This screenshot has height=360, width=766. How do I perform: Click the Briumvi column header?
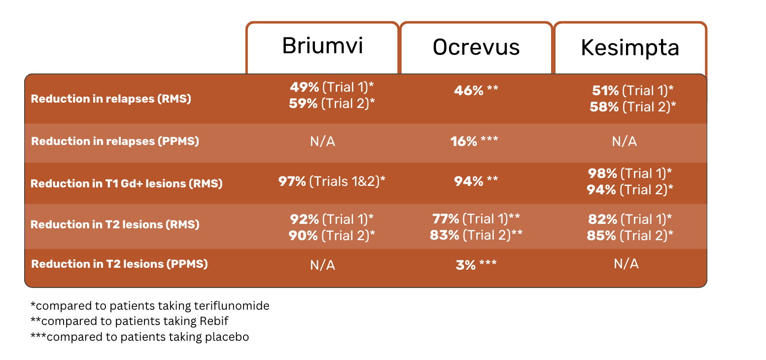[x=322, y=46]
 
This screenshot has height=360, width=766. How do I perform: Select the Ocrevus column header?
[x=476, y=47]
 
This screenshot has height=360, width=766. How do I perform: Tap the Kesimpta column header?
[x=630, y=47]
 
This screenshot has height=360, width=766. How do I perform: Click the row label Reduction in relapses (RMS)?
[x=111, y=99]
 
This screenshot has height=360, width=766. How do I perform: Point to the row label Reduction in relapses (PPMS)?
[x=115, y=141]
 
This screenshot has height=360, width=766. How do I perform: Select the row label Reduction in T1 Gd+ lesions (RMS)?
[x=127, y=183]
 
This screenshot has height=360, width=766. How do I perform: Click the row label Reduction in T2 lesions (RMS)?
[x=115, y=224]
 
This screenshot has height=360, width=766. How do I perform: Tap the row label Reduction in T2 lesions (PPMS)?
[x=119, y=264]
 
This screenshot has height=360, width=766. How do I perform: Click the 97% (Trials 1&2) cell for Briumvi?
[x=332, y=181]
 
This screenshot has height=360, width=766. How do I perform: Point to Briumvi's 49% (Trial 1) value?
[x=332, y=87]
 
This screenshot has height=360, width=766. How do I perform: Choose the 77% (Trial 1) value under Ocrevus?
[x=476, y=219]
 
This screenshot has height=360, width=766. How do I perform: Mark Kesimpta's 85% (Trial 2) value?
[x=630, y=236]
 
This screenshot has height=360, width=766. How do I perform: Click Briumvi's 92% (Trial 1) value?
[x=332, y=219]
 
